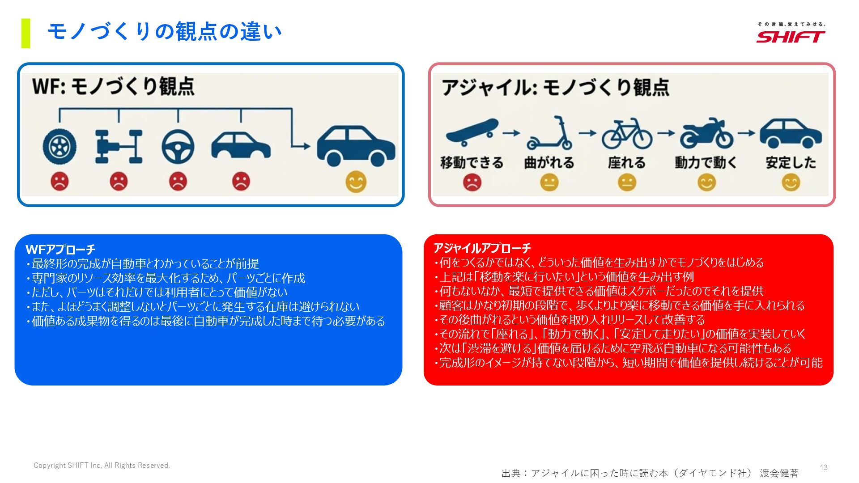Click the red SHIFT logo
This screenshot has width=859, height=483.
coord(791,36)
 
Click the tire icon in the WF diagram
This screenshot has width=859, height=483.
coord(60,146)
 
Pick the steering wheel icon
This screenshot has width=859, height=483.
coord(178,146)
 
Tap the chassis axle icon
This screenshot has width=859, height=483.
coord(119,146)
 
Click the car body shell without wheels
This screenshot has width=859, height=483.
coord(241,145)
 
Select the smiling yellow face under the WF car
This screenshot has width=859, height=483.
coord(356,182)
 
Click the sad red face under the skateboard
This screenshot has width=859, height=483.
coord(472,182)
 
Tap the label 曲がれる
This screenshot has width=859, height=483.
coord(549,162)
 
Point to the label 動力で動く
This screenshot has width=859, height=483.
coord(706,162)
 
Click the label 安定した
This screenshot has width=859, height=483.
coord(791,162)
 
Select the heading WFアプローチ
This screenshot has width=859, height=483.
coord(60,249)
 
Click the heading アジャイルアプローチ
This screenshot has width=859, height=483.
coord(482,248)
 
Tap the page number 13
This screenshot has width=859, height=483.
coord(823,467)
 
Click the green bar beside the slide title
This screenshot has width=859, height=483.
coord(26,33)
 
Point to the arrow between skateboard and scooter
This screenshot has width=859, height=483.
coord(511,133)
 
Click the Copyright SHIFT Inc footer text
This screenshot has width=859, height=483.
coord(102,466)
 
